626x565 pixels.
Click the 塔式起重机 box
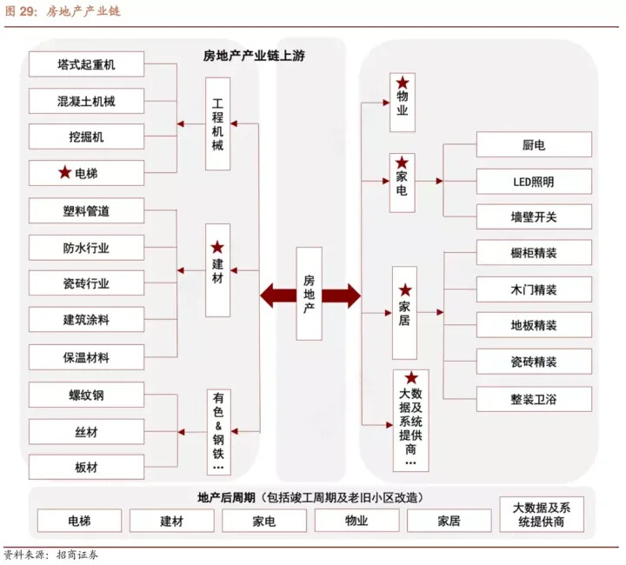click(x=86, y=63)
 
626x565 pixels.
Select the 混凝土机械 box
click(x=86, y=101)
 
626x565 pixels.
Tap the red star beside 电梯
click(x=64, y=172)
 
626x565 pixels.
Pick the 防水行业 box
click(x=86, y=248)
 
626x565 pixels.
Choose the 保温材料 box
click(x=86, y=357)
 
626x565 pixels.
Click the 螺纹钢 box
click(x=86, y=395)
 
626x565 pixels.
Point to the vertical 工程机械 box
click(x=217, y=123)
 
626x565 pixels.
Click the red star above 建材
click(x=217, y=248)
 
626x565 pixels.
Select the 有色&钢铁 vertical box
click(x=218, y=432)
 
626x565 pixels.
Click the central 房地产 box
click(x=309, y=294)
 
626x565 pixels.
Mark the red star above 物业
click(x=403, y=83)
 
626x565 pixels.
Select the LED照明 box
click(x=534, y=182)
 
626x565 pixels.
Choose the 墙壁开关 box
click(x=534, y=216)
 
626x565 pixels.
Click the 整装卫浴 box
click(x=534, y=399)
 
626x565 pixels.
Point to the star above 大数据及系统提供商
click(x=411, y=378)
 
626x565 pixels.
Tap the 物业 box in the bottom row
click(x=356, y=521)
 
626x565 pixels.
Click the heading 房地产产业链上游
click(x=254, y=56)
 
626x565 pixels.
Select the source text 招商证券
click(x=77, y=555)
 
